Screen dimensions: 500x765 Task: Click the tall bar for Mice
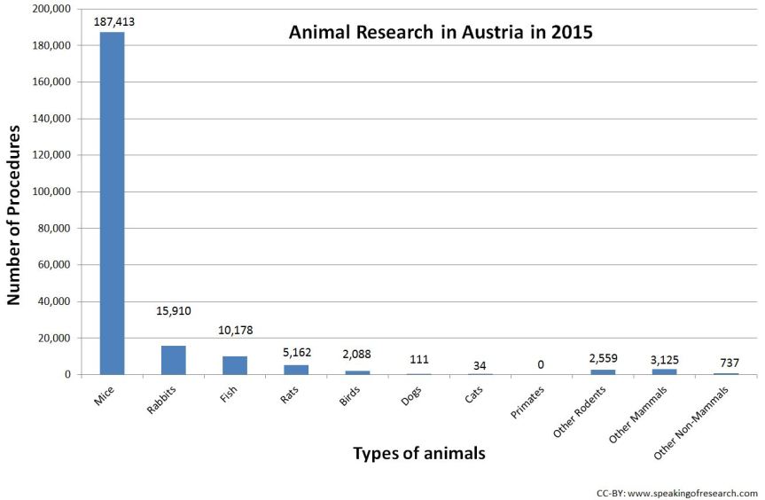tap(112, 203)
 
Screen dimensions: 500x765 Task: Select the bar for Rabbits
tap(173, 360)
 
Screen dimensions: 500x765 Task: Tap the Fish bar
tap(235, 365)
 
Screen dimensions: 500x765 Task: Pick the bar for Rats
tap(296, 370)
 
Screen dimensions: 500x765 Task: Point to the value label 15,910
tap(173, 311)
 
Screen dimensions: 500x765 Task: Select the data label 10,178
tap(235, 330)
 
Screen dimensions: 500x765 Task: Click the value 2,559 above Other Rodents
tap(603, 358)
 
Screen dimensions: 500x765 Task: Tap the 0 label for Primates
tap(541, 364)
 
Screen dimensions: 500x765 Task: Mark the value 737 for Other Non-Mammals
tap(726, 363)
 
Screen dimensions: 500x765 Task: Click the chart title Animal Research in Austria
tap(440, 34)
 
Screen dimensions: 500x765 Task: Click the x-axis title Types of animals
tap(418, 453)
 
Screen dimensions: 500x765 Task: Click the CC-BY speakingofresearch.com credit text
tap(676, 492)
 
